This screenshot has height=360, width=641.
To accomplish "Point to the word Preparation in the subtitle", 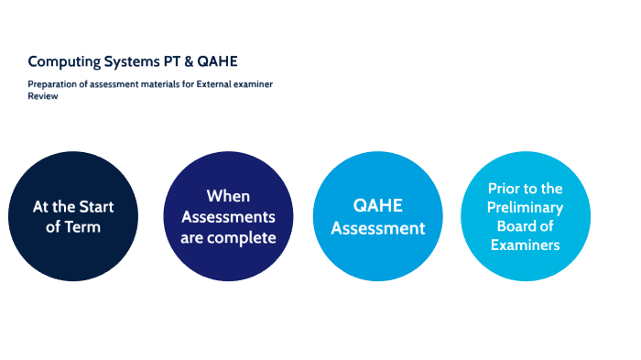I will point(52,84).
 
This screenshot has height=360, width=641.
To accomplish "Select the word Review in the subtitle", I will point(42,95).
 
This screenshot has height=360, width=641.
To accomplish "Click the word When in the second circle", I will point(228,195).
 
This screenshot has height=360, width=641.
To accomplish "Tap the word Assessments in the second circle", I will point(228,216).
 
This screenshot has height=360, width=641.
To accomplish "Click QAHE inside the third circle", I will point(377,206).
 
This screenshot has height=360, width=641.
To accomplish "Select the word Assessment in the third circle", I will point(377,228).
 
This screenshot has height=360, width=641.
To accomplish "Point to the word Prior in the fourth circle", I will point(507,187).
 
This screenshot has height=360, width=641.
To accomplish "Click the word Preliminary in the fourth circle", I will point(525,207).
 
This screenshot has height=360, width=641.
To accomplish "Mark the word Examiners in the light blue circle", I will point(525,245).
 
